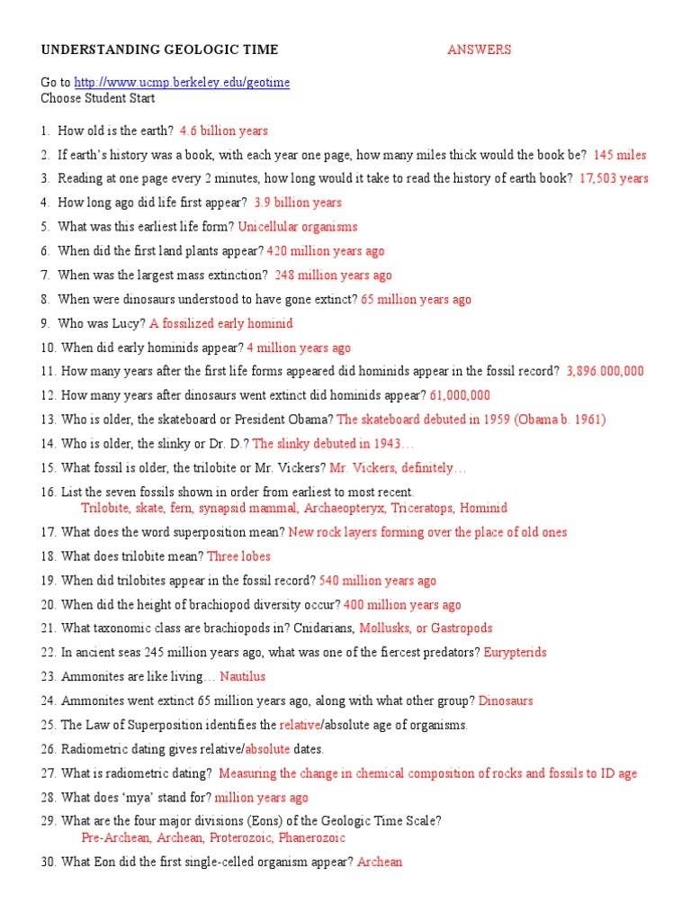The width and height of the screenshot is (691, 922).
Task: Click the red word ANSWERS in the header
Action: coord(479,50)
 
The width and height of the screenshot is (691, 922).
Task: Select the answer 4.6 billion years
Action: coord(224,131)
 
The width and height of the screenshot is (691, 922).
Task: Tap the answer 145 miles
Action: coord(620,155)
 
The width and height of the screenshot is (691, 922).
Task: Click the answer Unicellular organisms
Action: coord(298,227)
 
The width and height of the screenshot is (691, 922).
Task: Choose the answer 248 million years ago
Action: coord(333,276)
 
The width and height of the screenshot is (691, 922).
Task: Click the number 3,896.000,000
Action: coord(606,371)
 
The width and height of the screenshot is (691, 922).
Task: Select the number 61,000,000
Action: coord(460,395)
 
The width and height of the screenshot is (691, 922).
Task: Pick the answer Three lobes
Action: coord(238,556)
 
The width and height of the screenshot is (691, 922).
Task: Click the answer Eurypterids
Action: coord(516,652)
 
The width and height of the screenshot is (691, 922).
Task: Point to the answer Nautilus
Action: coord(243,676)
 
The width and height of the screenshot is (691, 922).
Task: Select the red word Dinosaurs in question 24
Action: coord(506,701)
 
